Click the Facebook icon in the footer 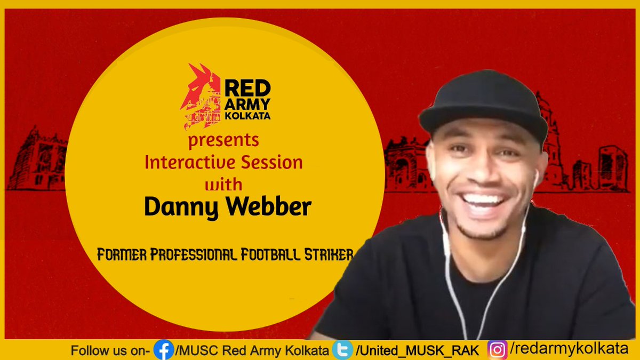click(x=163, y=350)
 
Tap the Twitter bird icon click(x=342, y=350)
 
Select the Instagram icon click(x=497, y=350)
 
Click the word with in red click(x=224, y=183)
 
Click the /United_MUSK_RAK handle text click(x=417, y=350)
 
